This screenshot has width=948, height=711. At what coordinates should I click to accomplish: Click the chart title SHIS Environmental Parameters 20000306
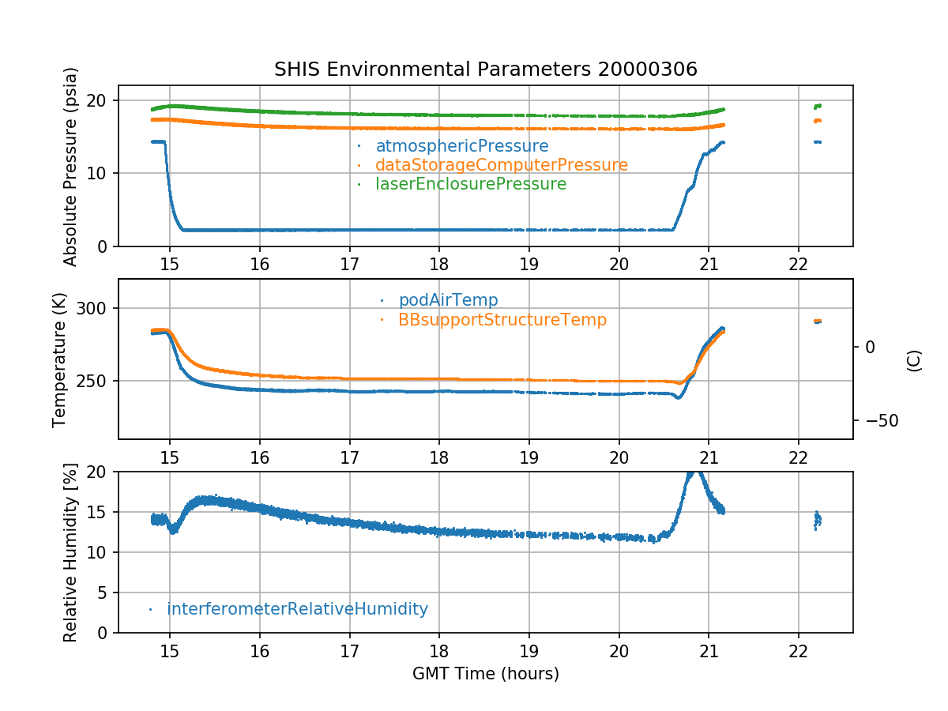coord(485,70)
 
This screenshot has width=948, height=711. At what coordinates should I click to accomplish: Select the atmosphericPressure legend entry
coord(461,146)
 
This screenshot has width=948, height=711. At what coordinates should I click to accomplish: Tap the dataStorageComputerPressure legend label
coord(501,165)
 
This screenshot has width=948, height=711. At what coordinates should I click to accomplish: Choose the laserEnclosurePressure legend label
coord(471,184)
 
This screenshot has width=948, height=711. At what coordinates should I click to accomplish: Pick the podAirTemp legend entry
coord(448,300)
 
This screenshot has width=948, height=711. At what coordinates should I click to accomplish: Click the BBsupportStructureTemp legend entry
coord(502,320)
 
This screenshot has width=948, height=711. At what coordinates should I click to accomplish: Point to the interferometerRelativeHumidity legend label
coord(297,609)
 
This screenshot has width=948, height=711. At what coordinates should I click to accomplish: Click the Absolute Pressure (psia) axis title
coord(71,166)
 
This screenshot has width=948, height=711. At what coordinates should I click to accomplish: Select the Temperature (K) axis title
coord(60,359)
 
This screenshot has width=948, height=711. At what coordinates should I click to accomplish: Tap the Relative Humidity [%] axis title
coord(71,552)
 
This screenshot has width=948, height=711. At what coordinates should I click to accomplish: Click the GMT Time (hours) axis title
coord(485,674)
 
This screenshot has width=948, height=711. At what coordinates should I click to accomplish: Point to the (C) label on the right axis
coord(914,360)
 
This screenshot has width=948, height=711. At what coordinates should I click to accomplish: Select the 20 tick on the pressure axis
coord(99,100)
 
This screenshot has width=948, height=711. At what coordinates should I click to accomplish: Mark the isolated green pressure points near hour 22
coord(818,106)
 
